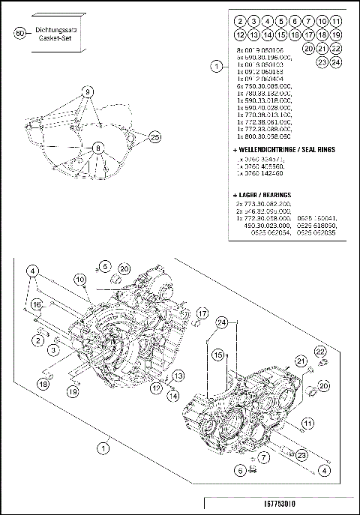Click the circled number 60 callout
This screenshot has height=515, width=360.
click(x=19, y=32)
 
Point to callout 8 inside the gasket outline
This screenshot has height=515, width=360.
click(x=97, y=148)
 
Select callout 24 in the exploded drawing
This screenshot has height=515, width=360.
click(x=222, y=322)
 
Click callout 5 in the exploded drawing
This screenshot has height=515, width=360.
click(x=106, y=266)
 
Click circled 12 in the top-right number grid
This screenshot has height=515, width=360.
click(x=239, y=34)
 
